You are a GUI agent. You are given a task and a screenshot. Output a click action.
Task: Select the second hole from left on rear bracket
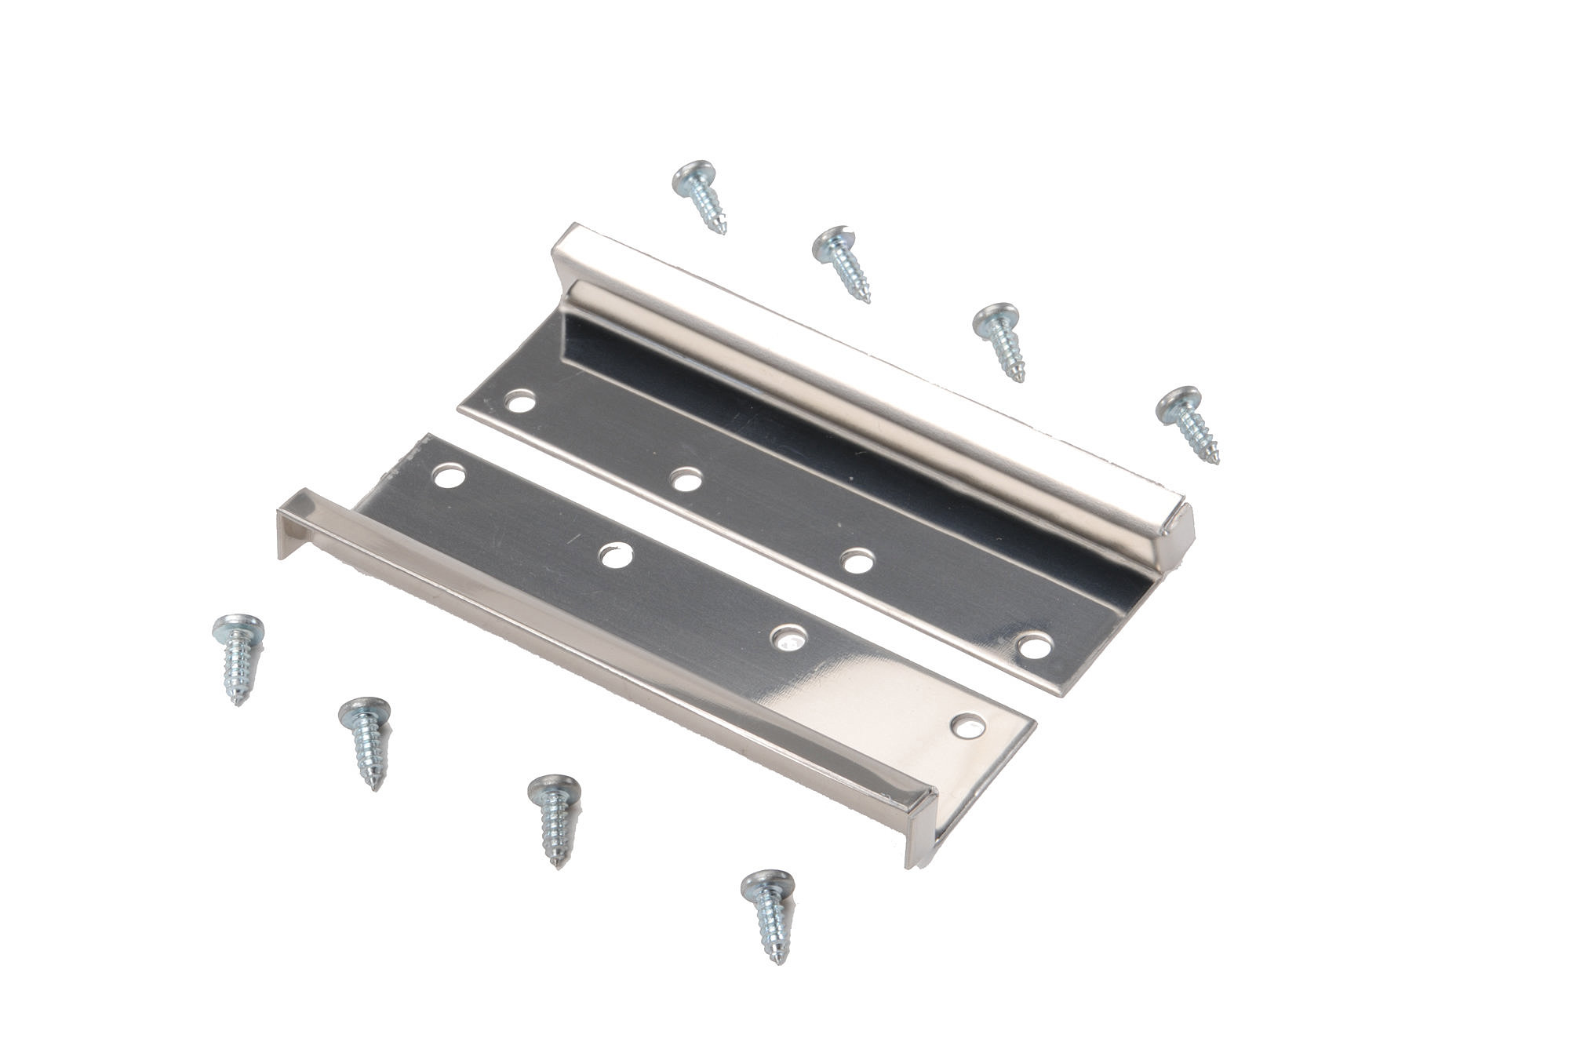click(x=686, y=479)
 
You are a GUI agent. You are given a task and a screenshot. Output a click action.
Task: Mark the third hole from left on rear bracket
click(x=857, y=562)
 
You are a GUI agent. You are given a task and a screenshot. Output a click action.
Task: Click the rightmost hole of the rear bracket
click(x=1036, y=647)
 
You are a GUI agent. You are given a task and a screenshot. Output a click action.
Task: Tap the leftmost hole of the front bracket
click(x=451, y=476)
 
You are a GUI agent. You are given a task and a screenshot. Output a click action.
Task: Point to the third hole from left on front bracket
click(x=788, y=639)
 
